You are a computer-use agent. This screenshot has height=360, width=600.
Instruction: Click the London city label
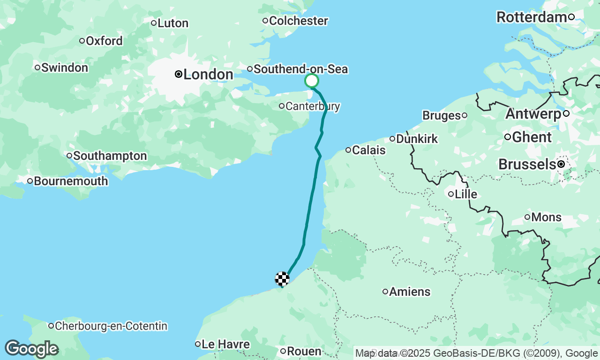tap(208, 75)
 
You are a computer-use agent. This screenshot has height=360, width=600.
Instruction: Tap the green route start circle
tap(312, 81)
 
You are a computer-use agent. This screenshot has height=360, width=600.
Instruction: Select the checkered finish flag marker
tap(282, 279)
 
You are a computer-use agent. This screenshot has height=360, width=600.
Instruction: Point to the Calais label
tap(368, 150)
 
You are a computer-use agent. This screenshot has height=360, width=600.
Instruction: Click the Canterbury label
tap(313, 106)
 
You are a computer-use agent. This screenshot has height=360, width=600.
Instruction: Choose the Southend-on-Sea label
tap(300, 69)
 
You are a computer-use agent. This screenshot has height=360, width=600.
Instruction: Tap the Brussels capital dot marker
tap(561, 165)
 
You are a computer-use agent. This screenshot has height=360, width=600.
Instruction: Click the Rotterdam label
tap(532, 17)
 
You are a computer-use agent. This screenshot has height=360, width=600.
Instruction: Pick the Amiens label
tap(410, 292)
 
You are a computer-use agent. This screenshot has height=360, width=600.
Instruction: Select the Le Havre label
tap(226, 345)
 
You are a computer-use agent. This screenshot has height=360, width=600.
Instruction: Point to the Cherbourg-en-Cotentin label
tap(111, 326)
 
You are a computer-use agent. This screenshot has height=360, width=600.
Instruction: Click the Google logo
tap(31, 349)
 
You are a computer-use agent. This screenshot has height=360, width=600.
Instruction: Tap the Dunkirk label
tap(417, 139)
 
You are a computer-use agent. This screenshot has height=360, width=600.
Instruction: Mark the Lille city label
tap(466, 194)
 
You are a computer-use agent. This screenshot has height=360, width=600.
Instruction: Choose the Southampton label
tap(110, 156)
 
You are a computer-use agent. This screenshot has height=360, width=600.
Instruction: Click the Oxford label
tap(104, 41)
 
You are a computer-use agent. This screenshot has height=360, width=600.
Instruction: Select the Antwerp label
tap(533, 114)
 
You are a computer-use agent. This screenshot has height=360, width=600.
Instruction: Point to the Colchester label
tap(299, 21)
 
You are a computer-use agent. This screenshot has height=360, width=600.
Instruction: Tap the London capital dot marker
tap(179, 74)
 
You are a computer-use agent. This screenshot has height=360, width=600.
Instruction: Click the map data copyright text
tap(476, 353)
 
